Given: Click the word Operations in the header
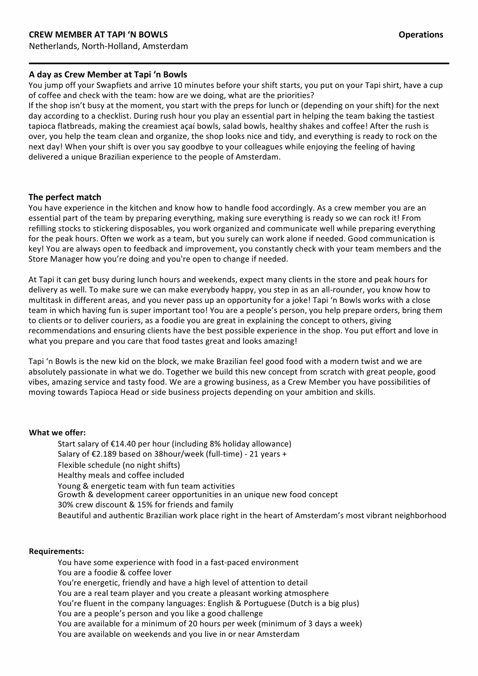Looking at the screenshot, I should [421, 34].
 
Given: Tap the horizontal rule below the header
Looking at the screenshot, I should [239, 63].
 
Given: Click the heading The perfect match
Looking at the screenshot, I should [65, 197].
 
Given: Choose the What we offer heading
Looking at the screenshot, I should [57, 432].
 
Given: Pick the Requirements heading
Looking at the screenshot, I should [56, 551].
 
